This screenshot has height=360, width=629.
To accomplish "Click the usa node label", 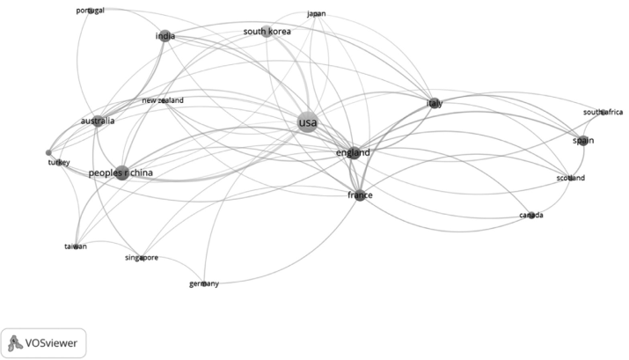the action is coord(307,122).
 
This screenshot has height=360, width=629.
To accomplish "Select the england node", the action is coord(353,153).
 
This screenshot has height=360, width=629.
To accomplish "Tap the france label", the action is coord(360,195).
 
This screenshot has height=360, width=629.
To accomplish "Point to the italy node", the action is coord(434,103).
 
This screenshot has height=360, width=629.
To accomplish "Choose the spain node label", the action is coord(582,141).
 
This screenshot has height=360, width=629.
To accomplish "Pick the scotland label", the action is coord(570,179).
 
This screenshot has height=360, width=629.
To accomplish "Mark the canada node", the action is coord(531,215).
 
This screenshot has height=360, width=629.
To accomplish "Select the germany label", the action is coord(204,283).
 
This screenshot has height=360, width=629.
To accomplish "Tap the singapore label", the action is coord(141,258).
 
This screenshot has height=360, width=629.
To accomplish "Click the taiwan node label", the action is coord(76,246).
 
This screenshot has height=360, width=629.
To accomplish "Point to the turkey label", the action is coord(59,163).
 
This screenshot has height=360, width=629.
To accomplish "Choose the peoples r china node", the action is coord(121,173).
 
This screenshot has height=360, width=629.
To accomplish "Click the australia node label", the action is coord(97,121).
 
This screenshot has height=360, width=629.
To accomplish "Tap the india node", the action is coord(165,36).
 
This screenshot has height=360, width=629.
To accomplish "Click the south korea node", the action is coord(267,32).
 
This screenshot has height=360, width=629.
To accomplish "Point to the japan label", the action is coord(317,14).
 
